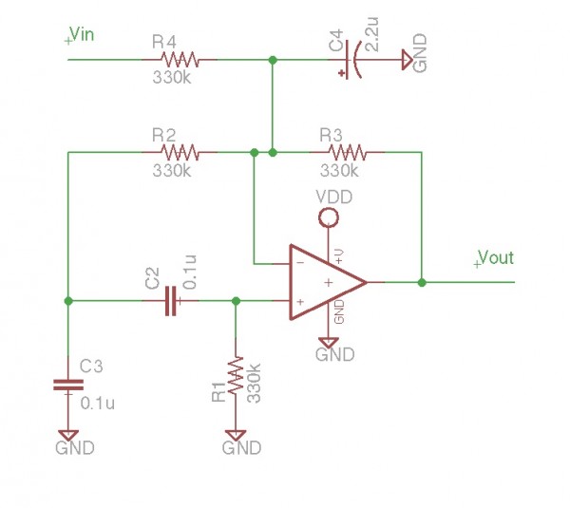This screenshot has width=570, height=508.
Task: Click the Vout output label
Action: [x=493, y=258]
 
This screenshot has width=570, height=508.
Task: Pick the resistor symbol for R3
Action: [x=346, y=151]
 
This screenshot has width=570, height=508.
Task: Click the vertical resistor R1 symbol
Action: [x=235, y=377]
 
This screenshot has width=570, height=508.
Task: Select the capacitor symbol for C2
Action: [x=171, y=301]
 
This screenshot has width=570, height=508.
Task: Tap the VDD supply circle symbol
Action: [x=328, y=218]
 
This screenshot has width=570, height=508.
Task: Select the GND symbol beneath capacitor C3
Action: [x=67, y=436]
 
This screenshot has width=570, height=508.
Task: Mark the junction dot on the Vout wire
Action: [x=421, y=282]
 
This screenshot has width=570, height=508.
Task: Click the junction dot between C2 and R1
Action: [x=236, y=301]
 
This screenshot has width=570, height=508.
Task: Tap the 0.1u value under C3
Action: [x=98, y=403]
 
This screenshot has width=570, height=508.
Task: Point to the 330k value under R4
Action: [x=171, y=79]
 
